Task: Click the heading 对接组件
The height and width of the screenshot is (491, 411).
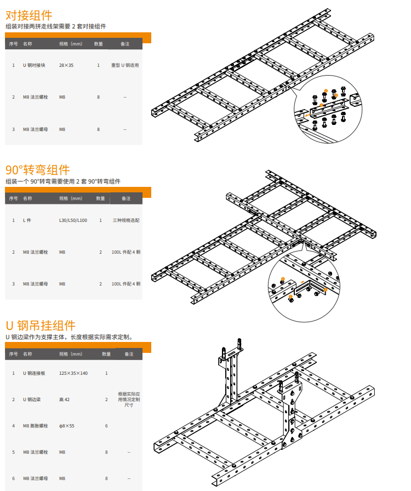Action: pos(29,15)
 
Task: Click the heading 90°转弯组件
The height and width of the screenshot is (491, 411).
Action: pos(38,170)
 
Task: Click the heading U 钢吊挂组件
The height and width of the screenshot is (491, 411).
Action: pos(41,326)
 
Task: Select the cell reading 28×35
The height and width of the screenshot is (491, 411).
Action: pos(66,65)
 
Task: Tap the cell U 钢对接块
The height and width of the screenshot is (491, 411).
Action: pos(34,65)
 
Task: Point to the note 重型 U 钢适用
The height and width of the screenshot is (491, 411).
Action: pos(125,65)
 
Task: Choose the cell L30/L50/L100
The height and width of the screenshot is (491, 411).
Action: pos(73,220)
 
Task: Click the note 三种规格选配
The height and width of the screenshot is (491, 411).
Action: pos(126,220)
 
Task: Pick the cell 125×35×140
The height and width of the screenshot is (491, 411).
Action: pos(73,373)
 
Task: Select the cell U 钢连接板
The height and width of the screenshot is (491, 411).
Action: pos(34,373)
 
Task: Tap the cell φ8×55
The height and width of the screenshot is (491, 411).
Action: pos(67,426)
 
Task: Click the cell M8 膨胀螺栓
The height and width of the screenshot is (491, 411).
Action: pos(36,426)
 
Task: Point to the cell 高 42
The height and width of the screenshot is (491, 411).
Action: pos(64,399)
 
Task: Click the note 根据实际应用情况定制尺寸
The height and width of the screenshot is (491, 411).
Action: pos(129,399)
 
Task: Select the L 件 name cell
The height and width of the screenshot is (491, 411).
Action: pos(27,220)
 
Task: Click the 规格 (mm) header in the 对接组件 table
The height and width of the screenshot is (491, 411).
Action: pos(71,44)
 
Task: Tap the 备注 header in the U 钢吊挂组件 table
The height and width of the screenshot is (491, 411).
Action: pos(129,354)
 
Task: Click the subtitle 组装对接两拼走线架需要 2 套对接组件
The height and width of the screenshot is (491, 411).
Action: pos(56,26)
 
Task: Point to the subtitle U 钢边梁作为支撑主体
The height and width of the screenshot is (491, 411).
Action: pos(36,337)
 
